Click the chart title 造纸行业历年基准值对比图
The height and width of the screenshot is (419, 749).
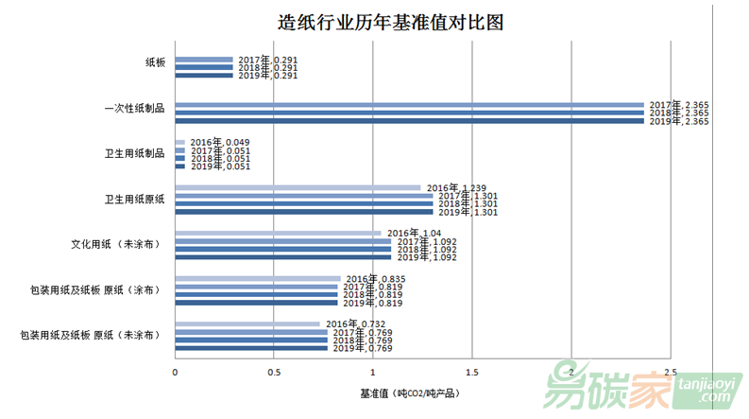point(377,23)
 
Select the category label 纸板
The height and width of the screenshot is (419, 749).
point(155,62)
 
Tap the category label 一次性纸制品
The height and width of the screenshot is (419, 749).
point(134,108)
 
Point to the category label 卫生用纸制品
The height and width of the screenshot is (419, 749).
point(134,153)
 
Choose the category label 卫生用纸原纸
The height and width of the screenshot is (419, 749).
point(134,199)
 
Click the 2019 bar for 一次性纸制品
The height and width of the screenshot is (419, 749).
point(409,121)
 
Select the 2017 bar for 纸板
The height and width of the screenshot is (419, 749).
point(203,59)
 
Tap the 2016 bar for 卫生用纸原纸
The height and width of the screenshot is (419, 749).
point(298,187)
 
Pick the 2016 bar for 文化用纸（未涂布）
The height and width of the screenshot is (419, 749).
point(278,233)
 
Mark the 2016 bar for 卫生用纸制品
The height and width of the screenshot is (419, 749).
point(179,142)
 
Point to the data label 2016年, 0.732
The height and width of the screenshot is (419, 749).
point(351,324)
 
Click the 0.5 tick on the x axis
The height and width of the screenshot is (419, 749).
point(274,372)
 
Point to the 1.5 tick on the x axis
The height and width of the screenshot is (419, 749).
point(472,372)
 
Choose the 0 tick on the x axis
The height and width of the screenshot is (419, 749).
point(175,372)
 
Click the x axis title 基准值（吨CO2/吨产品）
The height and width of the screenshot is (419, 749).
point(410,392)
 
